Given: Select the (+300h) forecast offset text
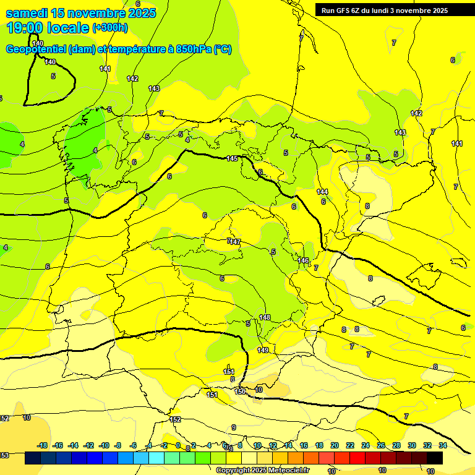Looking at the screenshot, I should [x=110, y=27].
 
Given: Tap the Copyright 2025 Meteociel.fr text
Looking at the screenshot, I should [x=262, y=470].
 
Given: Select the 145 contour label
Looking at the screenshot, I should [x=232, y=159].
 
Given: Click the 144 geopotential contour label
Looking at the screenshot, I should [x=322, y=192].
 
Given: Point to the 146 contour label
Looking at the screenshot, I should [x=303, y=260].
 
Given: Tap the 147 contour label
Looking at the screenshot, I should [x=235, y=242].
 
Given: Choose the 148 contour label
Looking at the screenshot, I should [x=265, y=317].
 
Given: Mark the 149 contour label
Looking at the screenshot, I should [x=263, y=350].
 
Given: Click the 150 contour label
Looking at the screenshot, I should [x=240, y=392].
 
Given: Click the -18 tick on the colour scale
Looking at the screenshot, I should [x=43, y=445].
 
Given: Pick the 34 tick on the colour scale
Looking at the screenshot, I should [x=443, y=445].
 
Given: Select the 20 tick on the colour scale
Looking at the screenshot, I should [x=335, y=445].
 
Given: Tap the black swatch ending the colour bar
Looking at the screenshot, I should [x=435, y=458].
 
